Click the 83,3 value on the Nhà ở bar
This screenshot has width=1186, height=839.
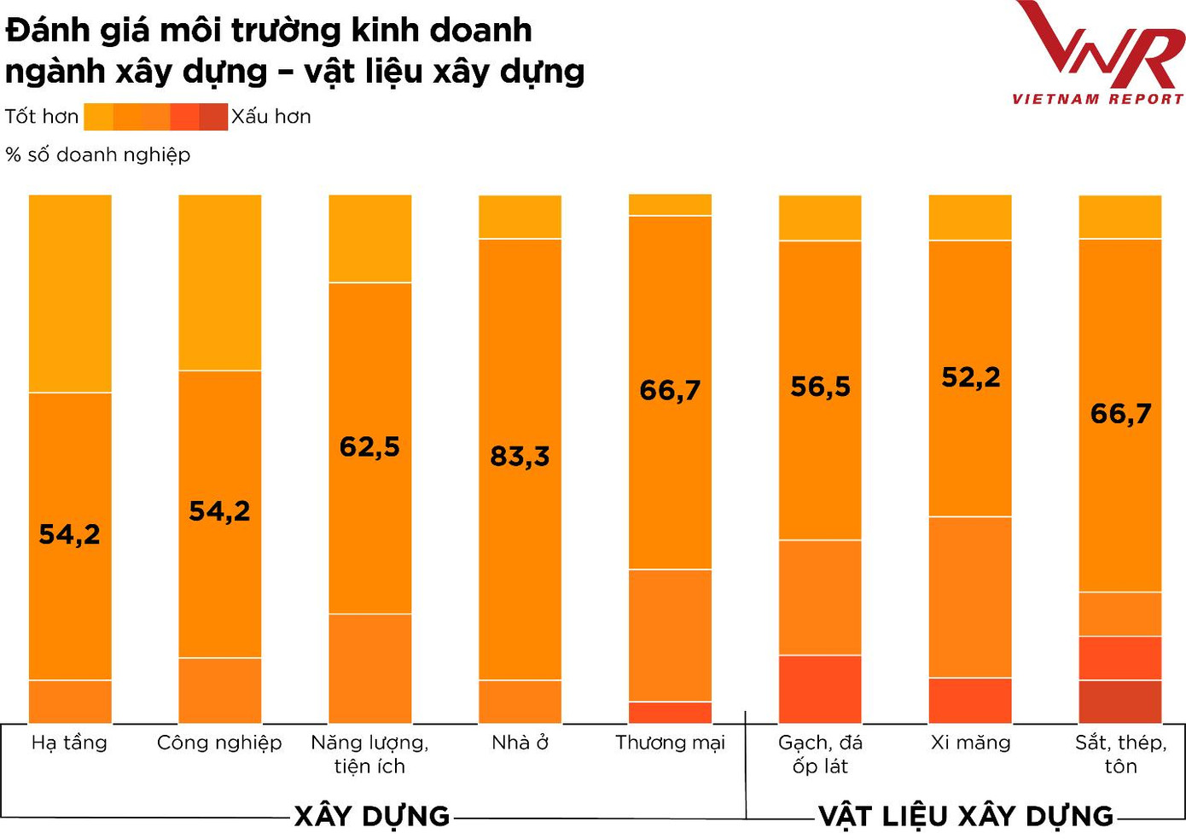tap(520, 457)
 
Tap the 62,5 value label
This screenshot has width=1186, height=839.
tap(369, 446)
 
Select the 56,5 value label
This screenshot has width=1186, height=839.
tap(820, 387)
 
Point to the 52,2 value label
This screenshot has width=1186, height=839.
tap(970, 377)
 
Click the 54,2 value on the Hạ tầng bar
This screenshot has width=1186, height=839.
tap(69, 534)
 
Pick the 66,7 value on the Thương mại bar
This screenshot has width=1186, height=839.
tap(670, 390)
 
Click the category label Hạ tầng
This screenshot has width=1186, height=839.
tap(69, 743)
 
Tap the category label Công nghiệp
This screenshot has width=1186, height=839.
tap(219, 743)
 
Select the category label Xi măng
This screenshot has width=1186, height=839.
tap(970, 743)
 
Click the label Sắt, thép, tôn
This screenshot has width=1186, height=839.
tap(1120, 754)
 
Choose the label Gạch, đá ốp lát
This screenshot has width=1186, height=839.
tap(820, 754)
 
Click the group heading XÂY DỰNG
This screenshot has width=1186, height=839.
tap(372, 816)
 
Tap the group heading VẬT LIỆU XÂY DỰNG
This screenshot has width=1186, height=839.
tap(966, 816)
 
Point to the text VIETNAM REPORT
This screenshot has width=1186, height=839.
tap(1098, 99)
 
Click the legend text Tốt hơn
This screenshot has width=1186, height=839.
tap(42, 117)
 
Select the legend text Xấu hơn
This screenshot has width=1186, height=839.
tap(271, 117)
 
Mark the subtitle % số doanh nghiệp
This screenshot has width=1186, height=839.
tap(98, 154)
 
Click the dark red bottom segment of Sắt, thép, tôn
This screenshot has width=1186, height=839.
tap(1120, 702)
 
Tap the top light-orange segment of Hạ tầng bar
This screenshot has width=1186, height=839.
tap(70, 293)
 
